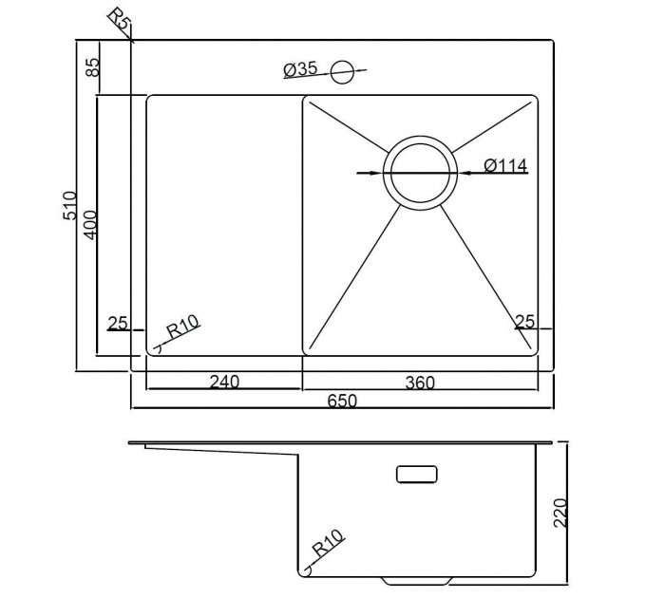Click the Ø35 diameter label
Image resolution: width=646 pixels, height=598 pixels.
tap(300, 69)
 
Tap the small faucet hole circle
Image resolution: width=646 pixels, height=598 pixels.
tap(342, 71)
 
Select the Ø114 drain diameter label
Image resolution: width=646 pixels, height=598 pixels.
tap(505, 165)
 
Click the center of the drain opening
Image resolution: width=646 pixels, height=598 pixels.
tap(420, 174)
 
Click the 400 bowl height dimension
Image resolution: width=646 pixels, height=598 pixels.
tap(89, 225)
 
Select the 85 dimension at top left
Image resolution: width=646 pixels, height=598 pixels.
tap(93, 67)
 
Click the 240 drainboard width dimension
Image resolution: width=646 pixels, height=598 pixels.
tap(224, 382)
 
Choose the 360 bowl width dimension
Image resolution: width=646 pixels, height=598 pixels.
tap(420, 383)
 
